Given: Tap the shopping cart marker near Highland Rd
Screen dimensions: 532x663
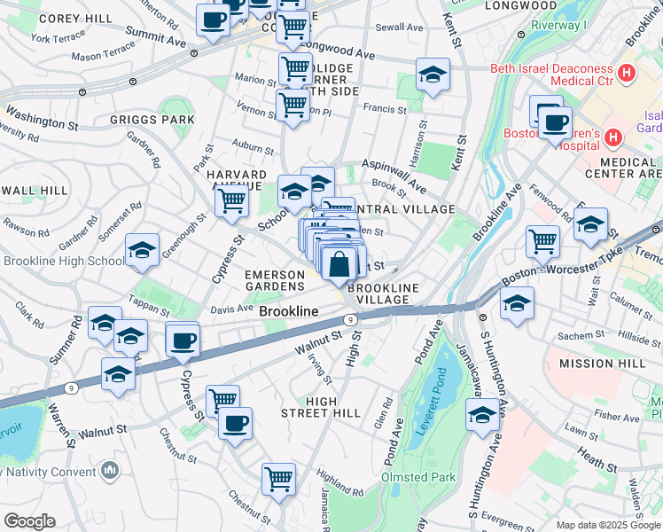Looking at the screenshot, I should (x=278, y=480).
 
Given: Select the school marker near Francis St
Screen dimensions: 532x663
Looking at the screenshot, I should (x=432, y=75).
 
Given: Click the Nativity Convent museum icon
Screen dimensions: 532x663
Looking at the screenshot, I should (x=110, y=469).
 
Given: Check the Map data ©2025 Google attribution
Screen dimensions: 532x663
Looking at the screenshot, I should (x=607, y=525).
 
